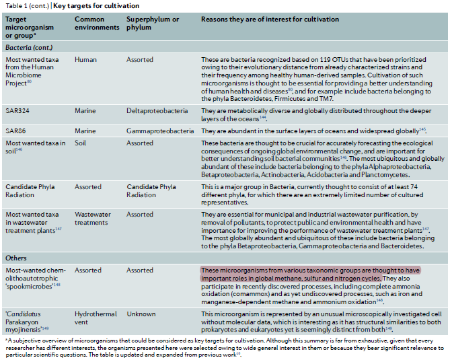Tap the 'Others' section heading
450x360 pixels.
[17, 258]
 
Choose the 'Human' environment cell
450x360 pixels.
[85, 60]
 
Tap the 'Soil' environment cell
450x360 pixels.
[81, 142]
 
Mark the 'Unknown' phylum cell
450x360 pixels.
[141, 314]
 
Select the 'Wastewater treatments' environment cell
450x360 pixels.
[93, 219]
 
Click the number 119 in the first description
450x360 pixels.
[314, 60]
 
